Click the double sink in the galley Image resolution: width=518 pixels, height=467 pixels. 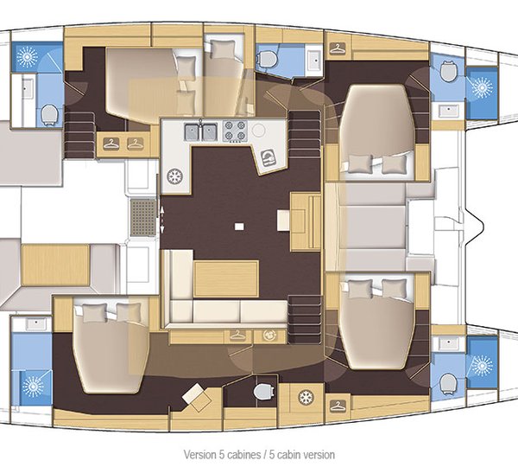pyautogui.click(x=200, y=131)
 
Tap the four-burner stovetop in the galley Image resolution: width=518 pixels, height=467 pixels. pyautogui.click(x=235, y=131)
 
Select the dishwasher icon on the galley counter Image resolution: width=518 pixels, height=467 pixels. pyautogui.click(x=268, y=158)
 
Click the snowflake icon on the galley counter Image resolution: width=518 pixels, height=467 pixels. pyautogui.click(x=174, y=176)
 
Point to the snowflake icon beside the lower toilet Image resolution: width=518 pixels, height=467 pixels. pyautogui.click(x=306, y=397)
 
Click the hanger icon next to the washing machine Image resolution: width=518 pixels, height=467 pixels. pyautogui.click(x=238, y=336)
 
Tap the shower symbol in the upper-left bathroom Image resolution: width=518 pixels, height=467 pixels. pyautogui.click(x=27, y=56)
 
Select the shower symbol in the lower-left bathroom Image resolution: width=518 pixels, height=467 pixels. pyautogui.click(x=33, y=387)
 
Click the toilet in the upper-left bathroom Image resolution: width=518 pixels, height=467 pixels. pyautogui.click(x=49, y=114)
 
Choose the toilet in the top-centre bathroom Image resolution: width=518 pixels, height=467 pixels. pyautogui.click(x=267, y=59)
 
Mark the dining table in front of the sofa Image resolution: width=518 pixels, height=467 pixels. pyautogui.click(x=226, y=278)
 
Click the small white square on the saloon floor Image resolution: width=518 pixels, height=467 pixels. pyautogui.click(x=239, y=227)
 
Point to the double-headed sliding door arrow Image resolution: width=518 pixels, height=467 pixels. pyautogui.click(x=162, y=219)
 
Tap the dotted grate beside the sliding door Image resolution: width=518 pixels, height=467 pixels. pyautogui.click(x=142, y=217)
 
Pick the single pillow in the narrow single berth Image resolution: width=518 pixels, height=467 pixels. pyautogui.click(x=223, y=49)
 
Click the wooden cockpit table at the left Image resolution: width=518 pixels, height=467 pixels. pyautogui.click(x=55, y=265)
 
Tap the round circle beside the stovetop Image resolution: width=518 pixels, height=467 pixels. pyautogui.click(x=258, y=130)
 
